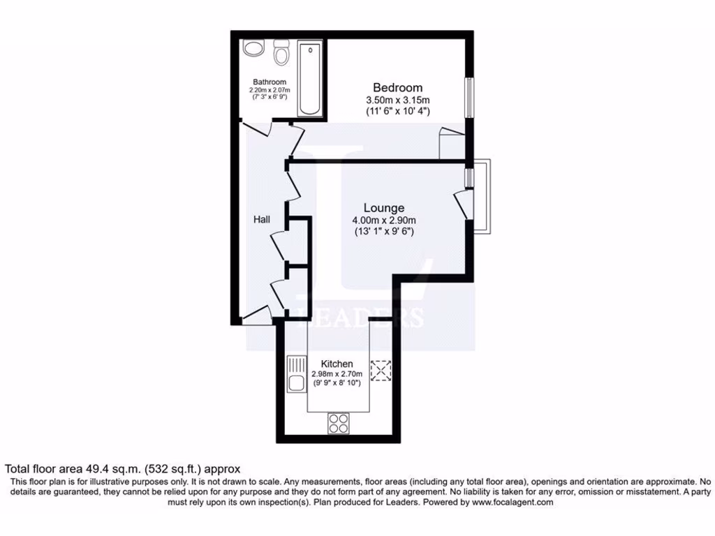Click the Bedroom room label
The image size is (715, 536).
(397, 88)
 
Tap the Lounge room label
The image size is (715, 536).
(383, 208)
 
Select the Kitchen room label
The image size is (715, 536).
(337, 364)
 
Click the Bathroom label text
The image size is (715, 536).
(270, 82)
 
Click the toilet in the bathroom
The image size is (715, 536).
(282, 52)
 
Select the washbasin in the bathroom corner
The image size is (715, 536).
(252, 49)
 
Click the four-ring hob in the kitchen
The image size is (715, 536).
(339, 422)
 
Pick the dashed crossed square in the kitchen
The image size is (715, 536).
(381, 371)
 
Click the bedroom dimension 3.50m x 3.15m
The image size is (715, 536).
(397, 100)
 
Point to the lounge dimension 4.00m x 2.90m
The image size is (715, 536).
(383, 221)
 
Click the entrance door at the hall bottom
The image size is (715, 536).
(257, 315)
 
